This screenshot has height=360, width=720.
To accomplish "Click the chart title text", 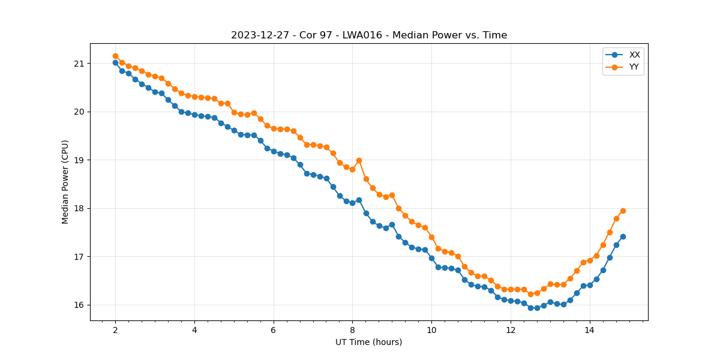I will pos(369,35).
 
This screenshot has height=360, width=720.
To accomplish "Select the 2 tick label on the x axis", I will pos(115,329).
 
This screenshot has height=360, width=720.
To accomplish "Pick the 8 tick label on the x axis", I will pos(352,329).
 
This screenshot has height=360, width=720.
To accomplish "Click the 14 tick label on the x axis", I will pos(589,329).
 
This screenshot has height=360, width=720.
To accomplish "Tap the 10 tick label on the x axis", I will pos(431,329).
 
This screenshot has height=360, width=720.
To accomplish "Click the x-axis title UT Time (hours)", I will pos(369,342).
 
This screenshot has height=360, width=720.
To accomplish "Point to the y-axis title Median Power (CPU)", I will pos(65,182).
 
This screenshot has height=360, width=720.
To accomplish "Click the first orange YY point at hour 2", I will pos(115,56).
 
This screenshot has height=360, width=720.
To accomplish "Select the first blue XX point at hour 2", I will pos(115,62).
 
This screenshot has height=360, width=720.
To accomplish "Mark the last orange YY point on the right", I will pos(623,211).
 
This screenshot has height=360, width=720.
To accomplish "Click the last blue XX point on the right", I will pos(623,236).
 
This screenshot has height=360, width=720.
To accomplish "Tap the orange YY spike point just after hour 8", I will pos(359,160).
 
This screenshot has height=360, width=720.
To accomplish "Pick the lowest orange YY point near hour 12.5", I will pos(530,294).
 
